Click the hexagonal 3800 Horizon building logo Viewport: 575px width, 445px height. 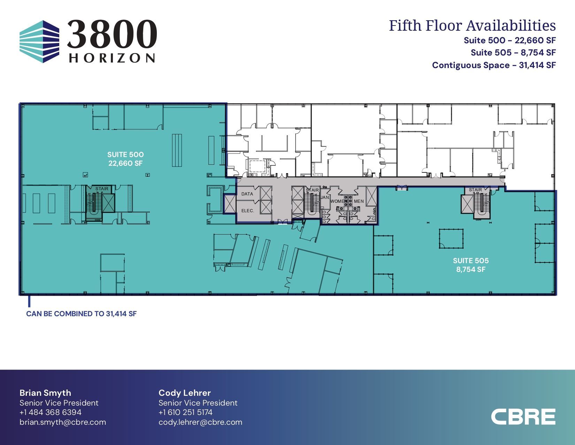39,42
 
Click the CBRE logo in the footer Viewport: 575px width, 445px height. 523,417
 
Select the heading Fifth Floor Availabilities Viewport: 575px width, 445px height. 472,26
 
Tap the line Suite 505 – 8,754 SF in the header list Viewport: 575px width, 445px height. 513,52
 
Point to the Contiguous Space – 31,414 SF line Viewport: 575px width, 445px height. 494,65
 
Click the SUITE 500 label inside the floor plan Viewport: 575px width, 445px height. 125,155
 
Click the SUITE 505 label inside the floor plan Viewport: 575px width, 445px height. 471,261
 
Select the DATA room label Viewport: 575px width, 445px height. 247,194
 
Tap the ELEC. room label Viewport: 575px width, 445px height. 248,211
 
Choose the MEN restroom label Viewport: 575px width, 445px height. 359,201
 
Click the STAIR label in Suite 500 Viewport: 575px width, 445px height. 102,189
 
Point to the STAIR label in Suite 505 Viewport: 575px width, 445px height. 475,190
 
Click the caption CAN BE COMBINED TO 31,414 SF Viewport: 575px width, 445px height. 81,314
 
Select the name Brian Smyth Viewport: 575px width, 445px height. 45,393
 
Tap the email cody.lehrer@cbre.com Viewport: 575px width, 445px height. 200,422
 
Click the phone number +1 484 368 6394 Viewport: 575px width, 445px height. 50,413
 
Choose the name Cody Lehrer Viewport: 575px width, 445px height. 185,393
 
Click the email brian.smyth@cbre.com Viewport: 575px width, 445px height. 63,422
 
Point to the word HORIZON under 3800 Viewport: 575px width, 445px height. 112,58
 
